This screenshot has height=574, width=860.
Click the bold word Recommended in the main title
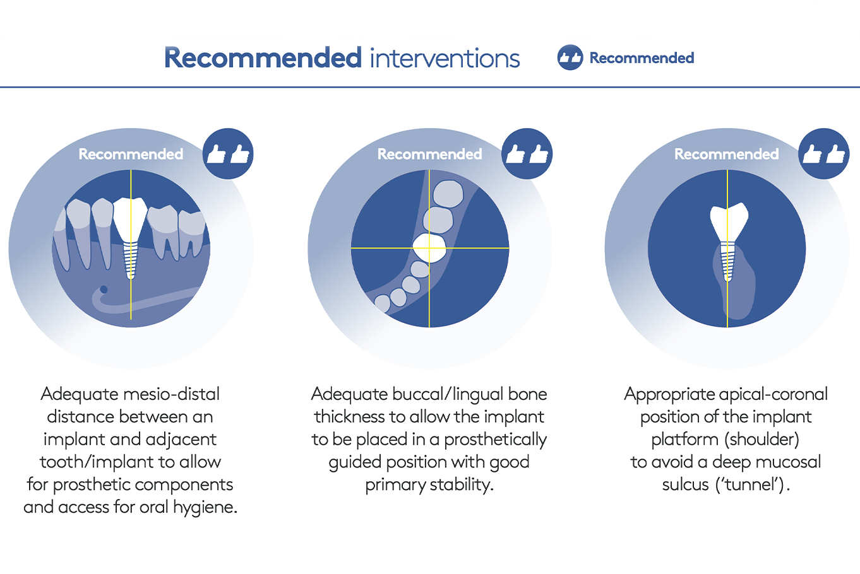[x=263, y=58]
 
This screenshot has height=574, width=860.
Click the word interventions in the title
[x=445, y=59]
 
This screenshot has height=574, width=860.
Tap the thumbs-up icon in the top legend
[x=570, y=57]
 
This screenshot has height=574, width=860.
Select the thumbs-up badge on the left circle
[x=228, y=154]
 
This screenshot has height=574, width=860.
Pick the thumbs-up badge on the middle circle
[x=527, y=154]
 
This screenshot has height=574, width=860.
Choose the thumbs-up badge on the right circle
[x=824, y=154]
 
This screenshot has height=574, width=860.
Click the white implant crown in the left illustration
[x=131, y=218]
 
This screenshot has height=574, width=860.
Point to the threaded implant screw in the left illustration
[x=131, y=261]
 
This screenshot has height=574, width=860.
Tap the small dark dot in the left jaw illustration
[x=104, y=290]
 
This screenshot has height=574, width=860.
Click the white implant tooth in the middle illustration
[x=429, y=248]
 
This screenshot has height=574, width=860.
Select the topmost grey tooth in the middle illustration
[x=448, y=194]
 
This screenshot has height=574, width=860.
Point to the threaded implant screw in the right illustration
[x=727, y=262]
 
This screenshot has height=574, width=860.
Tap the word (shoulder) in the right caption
[x=761, y=440]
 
